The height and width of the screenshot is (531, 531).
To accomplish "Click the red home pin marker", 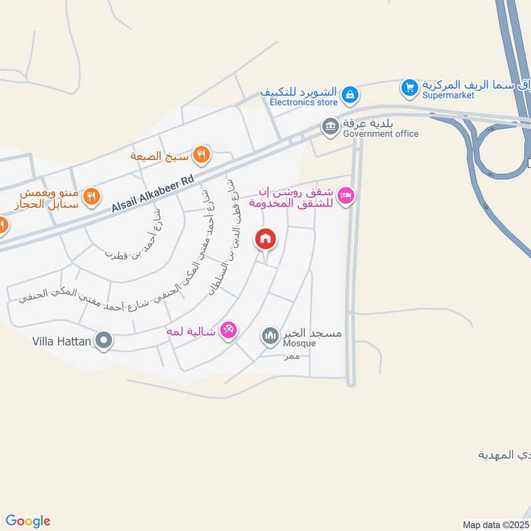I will [x=265, y=239].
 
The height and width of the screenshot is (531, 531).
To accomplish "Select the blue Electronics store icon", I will [x=350, y=95].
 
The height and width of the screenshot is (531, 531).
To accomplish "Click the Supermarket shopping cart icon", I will [x=410, y=87].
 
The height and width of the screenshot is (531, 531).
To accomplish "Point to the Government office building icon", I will [x=330, y=125].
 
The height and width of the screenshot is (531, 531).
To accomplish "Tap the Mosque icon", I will [x=270, y=337].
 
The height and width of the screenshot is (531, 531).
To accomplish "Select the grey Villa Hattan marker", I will [x=104, y=342].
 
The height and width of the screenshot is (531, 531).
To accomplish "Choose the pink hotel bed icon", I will [x=346, y=196].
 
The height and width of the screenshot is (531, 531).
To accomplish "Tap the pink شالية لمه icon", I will [x=228, y=330].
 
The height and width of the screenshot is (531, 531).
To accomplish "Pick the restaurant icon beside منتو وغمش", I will [x=92, y=196].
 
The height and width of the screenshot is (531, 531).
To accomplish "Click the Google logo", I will [x=28, y=521].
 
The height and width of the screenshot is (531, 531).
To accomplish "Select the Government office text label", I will [x=380, y=133].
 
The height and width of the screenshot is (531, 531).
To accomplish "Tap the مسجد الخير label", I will [x=312, y=333].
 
